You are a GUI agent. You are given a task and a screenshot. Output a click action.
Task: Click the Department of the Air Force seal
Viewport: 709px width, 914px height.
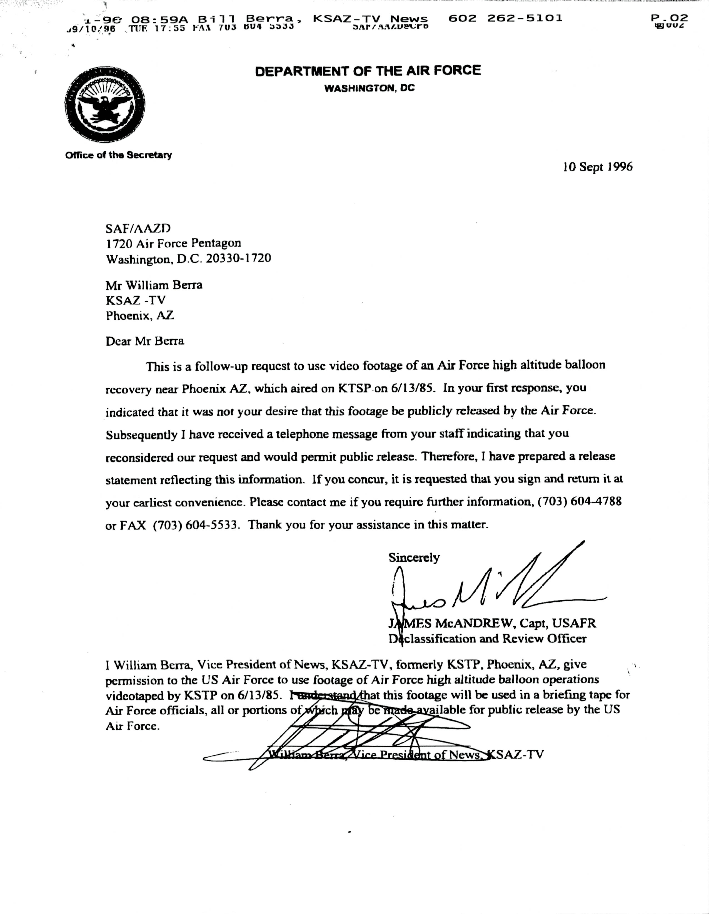(x=105, y=105)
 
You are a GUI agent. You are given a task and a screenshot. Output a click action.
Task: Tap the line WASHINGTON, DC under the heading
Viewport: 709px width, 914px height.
(x=370, y=88)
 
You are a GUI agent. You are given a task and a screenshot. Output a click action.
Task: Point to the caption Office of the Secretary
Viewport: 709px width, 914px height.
(x=119, y=155)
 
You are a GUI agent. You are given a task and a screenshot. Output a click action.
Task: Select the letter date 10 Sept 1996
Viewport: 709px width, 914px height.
(x=598, y=167)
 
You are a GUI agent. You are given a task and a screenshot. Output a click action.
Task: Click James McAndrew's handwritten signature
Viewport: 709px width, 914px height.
(x=481, y=590)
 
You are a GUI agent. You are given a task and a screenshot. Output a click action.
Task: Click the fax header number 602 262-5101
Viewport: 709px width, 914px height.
(x=505, y=18)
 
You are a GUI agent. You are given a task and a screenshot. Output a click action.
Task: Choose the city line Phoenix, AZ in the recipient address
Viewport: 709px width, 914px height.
(x=139, y=316)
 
